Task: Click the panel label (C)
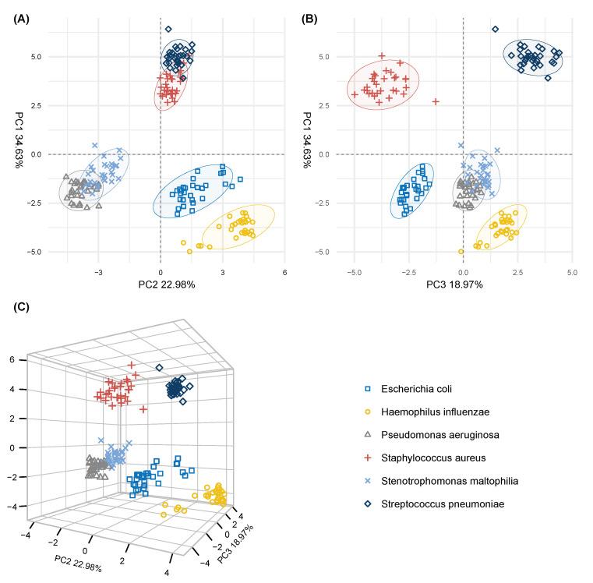(x=22, y=306)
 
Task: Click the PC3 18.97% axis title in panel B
(x=464, y=285)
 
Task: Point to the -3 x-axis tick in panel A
(x=98, y=273)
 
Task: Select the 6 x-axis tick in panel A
(x=285, y=273)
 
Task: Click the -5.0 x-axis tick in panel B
(x=355, y=273)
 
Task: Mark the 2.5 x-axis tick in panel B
(x=518, y=273)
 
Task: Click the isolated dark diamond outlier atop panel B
(x=495, y=30)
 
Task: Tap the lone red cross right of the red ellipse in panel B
(x=436, y=102)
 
